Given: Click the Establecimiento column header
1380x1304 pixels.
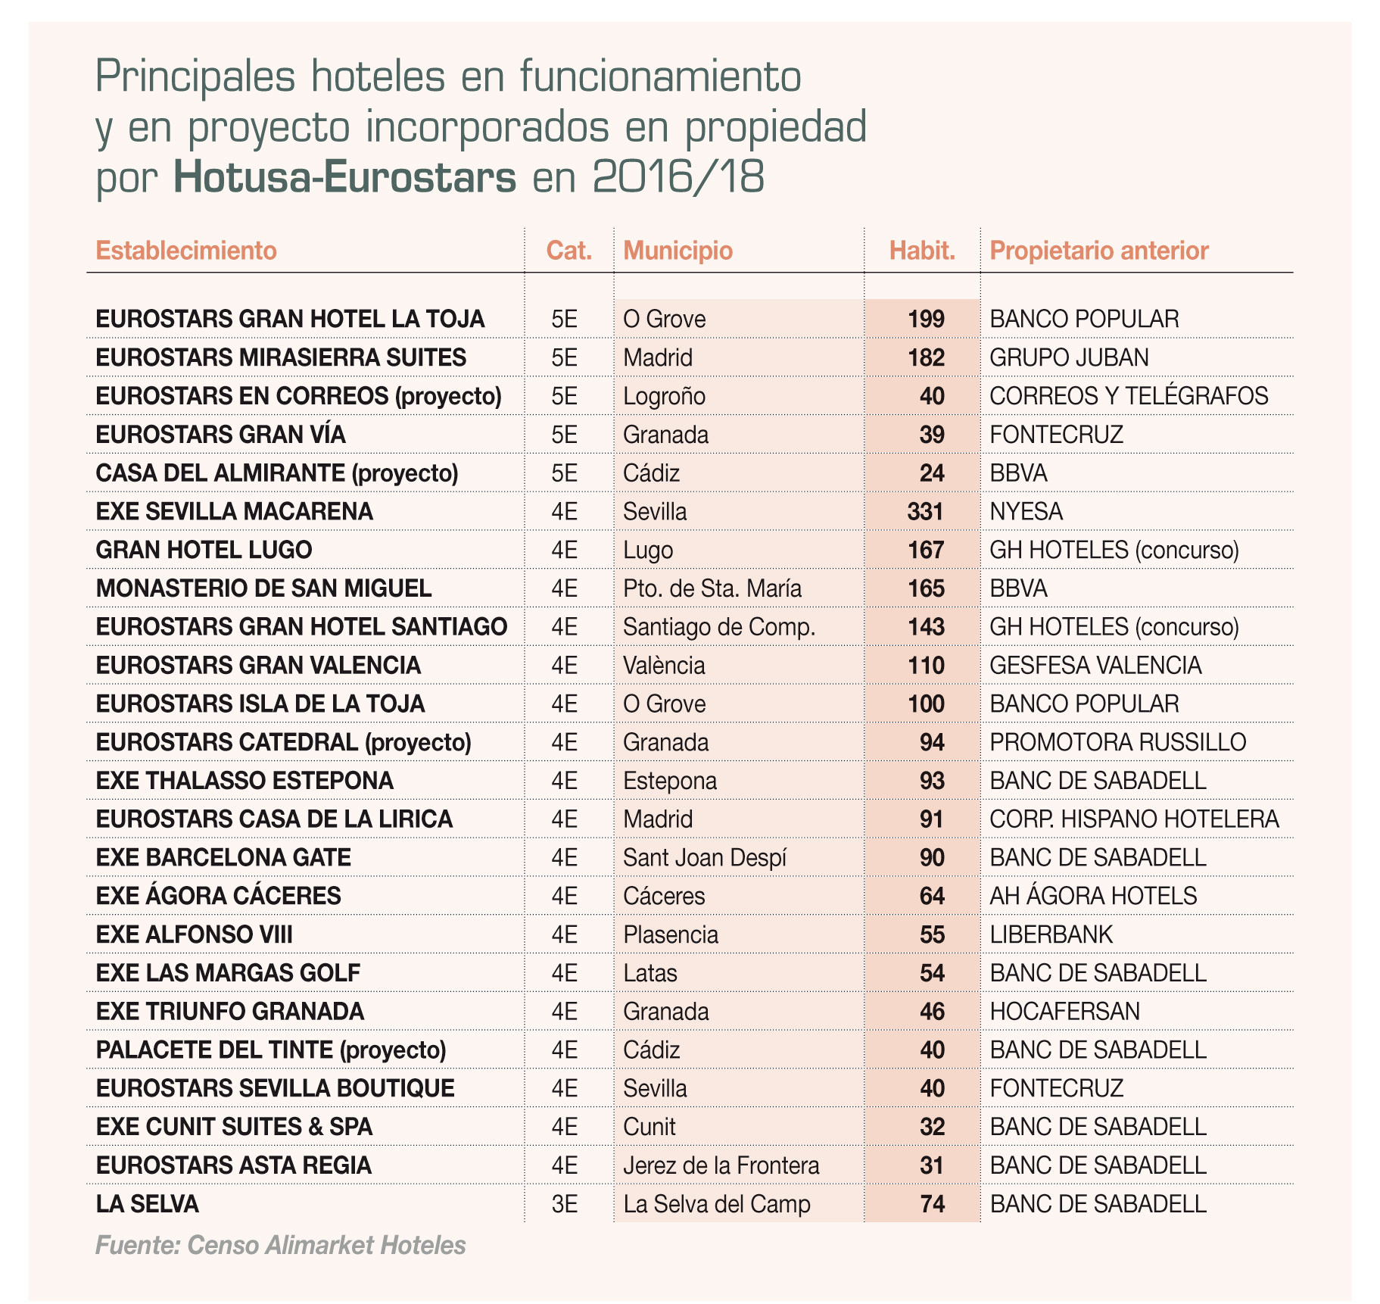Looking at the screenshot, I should coord(186,251).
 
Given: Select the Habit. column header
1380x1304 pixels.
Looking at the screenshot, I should coord(921,251).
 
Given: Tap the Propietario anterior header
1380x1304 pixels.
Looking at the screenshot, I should coord(1098,251).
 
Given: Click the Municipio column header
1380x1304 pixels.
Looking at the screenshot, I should coord(678,251).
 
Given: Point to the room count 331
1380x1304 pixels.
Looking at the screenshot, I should coord(925,512).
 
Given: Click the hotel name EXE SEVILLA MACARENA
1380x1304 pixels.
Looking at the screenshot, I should coord(234,512).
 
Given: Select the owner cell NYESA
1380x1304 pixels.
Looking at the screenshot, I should coord(1026,512).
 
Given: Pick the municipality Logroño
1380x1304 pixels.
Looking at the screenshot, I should coord(664,396).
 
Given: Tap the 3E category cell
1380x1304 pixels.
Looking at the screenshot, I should coord(565,1204).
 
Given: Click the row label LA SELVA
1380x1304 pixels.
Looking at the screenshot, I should coord(147,1204).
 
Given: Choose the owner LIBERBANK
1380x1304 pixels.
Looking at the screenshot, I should coord(1051,934).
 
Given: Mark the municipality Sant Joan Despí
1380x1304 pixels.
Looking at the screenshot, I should coord(705,858).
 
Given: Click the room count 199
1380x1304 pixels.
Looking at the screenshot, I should coord(926,320).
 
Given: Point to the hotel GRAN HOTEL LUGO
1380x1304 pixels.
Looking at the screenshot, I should coord(204,550).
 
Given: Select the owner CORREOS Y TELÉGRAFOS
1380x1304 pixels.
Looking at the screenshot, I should coord(1129,396).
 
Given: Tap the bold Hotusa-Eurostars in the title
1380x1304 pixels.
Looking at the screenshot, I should coord(344,179).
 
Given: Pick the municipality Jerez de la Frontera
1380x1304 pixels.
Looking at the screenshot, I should coord(721,1165).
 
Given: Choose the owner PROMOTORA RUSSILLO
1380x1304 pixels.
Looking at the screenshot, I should coord(1117,742).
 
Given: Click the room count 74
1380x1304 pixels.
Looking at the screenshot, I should coord(932,1204).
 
